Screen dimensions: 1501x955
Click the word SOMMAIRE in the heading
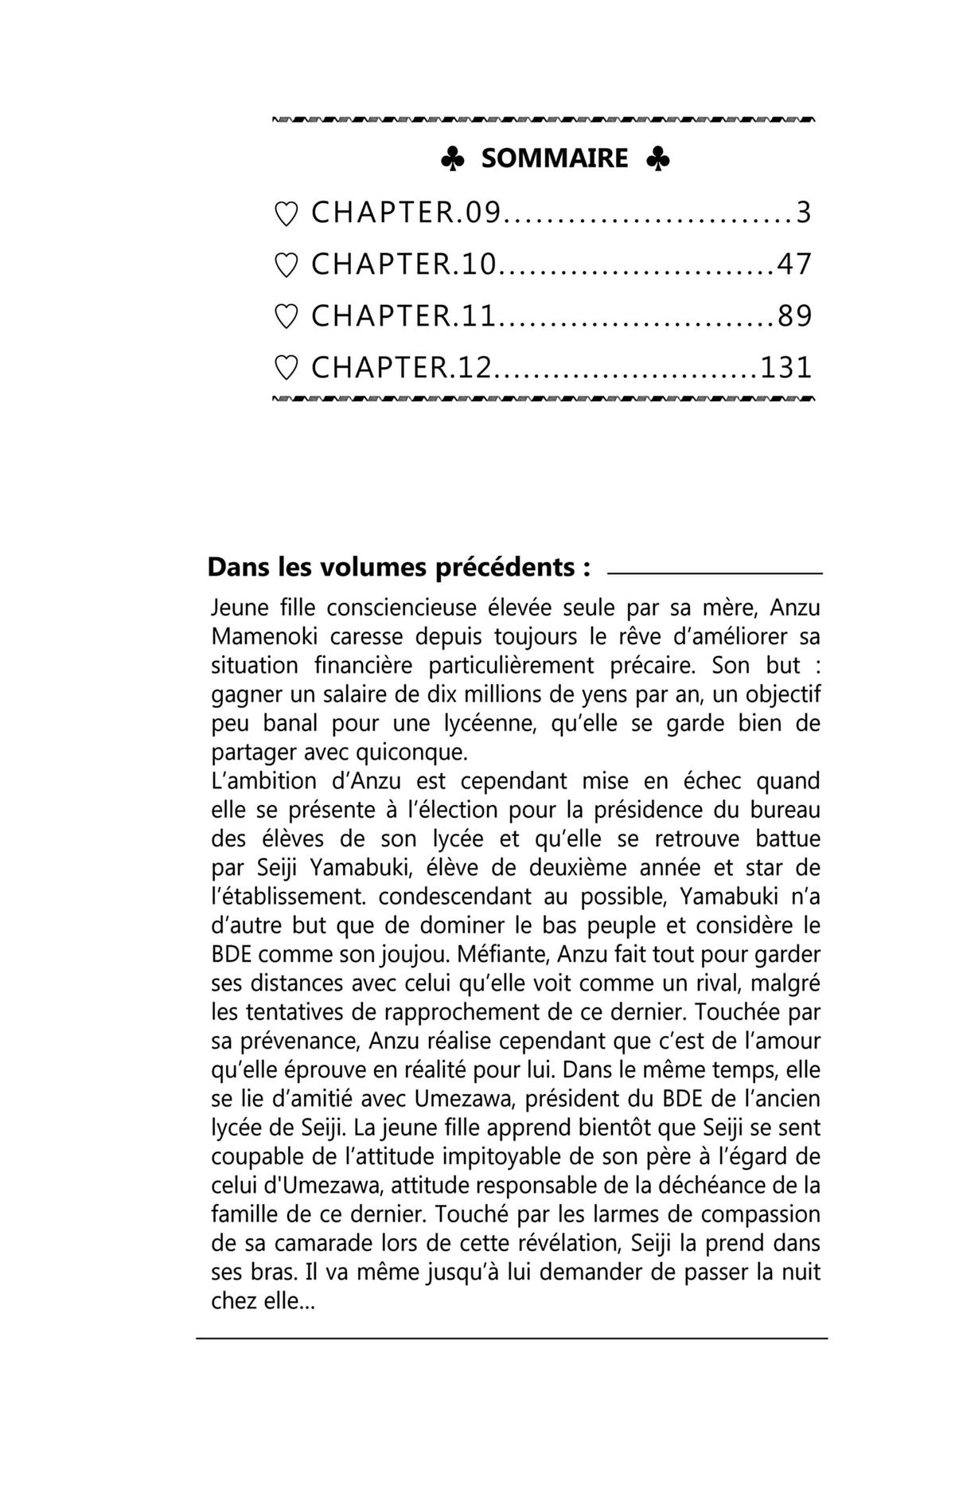(x=555, y=158)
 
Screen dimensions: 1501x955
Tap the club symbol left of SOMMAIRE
(x=452, y=159)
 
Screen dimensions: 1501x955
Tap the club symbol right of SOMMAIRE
(x=657, y=159)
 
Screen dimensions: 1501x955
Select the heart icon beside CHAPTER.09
(x=286, y=213)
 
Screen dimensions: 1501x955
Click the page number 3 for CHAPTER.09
(x=804, y=213)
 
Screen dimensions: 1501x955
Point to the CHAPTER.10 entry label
(x=403, y=264)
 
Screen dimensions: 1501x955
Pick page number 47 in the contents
(x=794, y=264)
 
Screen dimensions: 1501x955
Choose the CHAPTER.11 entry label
(x=403, y=316)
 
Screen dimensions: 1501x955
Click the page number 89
(x=794, y=316)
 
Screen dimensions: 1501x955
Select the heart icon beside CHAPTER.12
(x=286, y=368)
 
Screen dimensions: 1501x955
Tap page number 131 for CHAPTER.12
(x=786, y=368)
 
